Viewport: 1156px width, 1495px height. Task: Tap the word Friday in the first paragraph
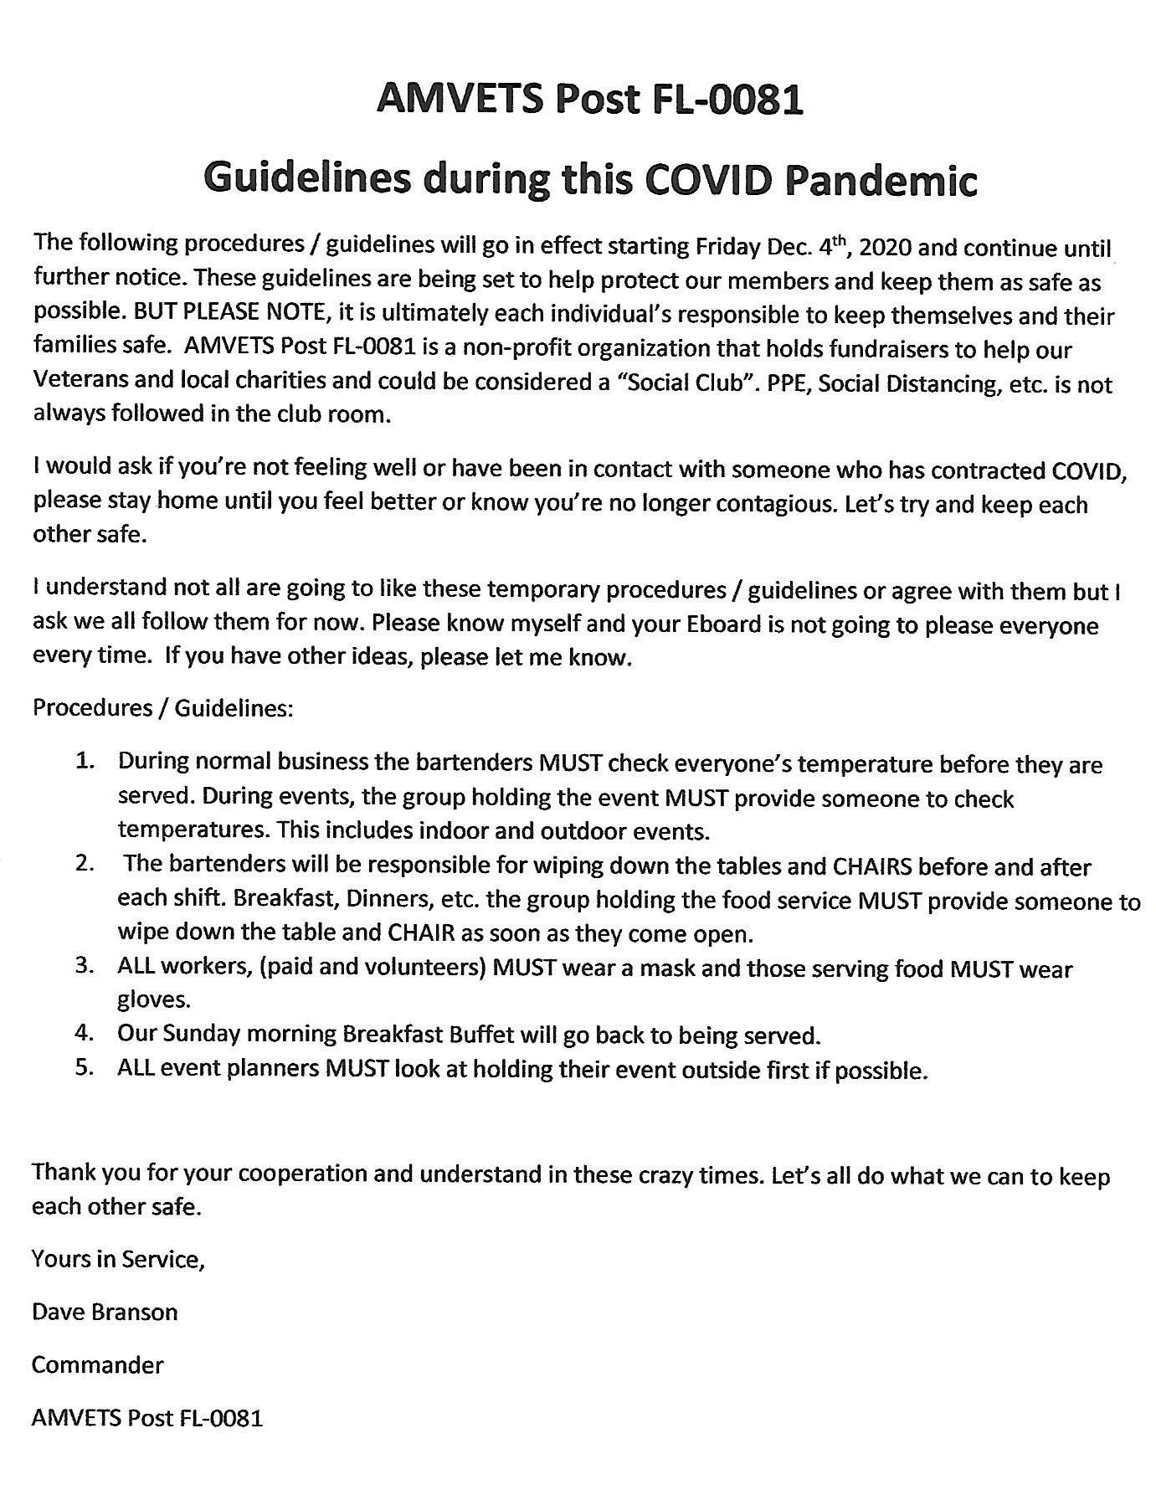pos(728,248)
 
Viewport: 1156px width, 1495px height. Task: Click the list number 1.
pos(84,762)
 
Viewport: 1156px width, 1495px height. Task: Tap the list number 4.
pos(84,1033)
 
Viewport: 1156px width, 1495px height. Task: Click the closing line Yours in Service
pos(118,1258)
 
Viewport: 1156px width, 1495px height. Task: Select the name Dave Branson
pos(105,1311)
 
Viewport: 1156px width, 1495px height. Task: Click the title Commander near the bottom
pos(98,1364)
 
